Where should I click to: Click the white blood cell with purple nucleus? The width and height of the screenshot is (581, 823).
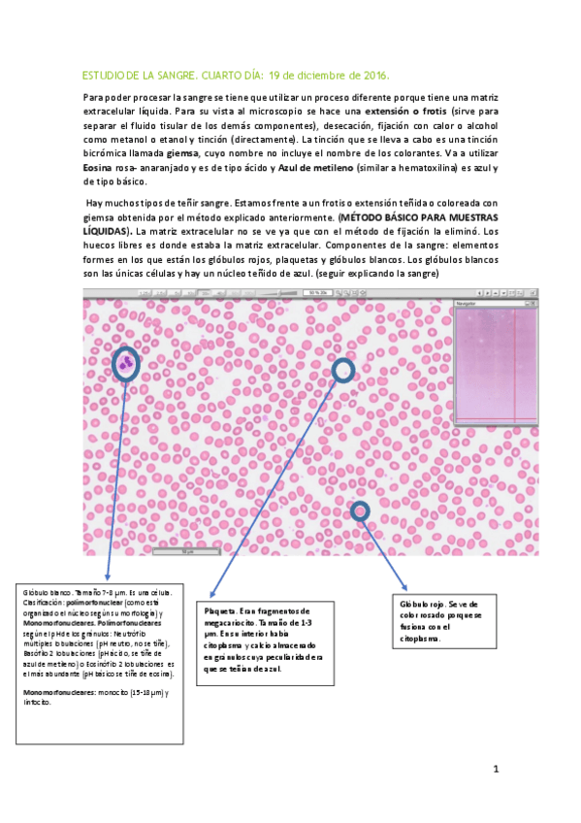126,365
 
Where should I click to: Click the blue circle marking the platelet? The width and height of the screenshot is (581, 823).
344,370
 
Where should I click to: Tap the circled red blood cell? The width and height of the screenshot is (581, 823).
361,510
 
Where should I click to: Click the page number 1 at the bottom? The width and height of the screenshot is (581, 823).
495,769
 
